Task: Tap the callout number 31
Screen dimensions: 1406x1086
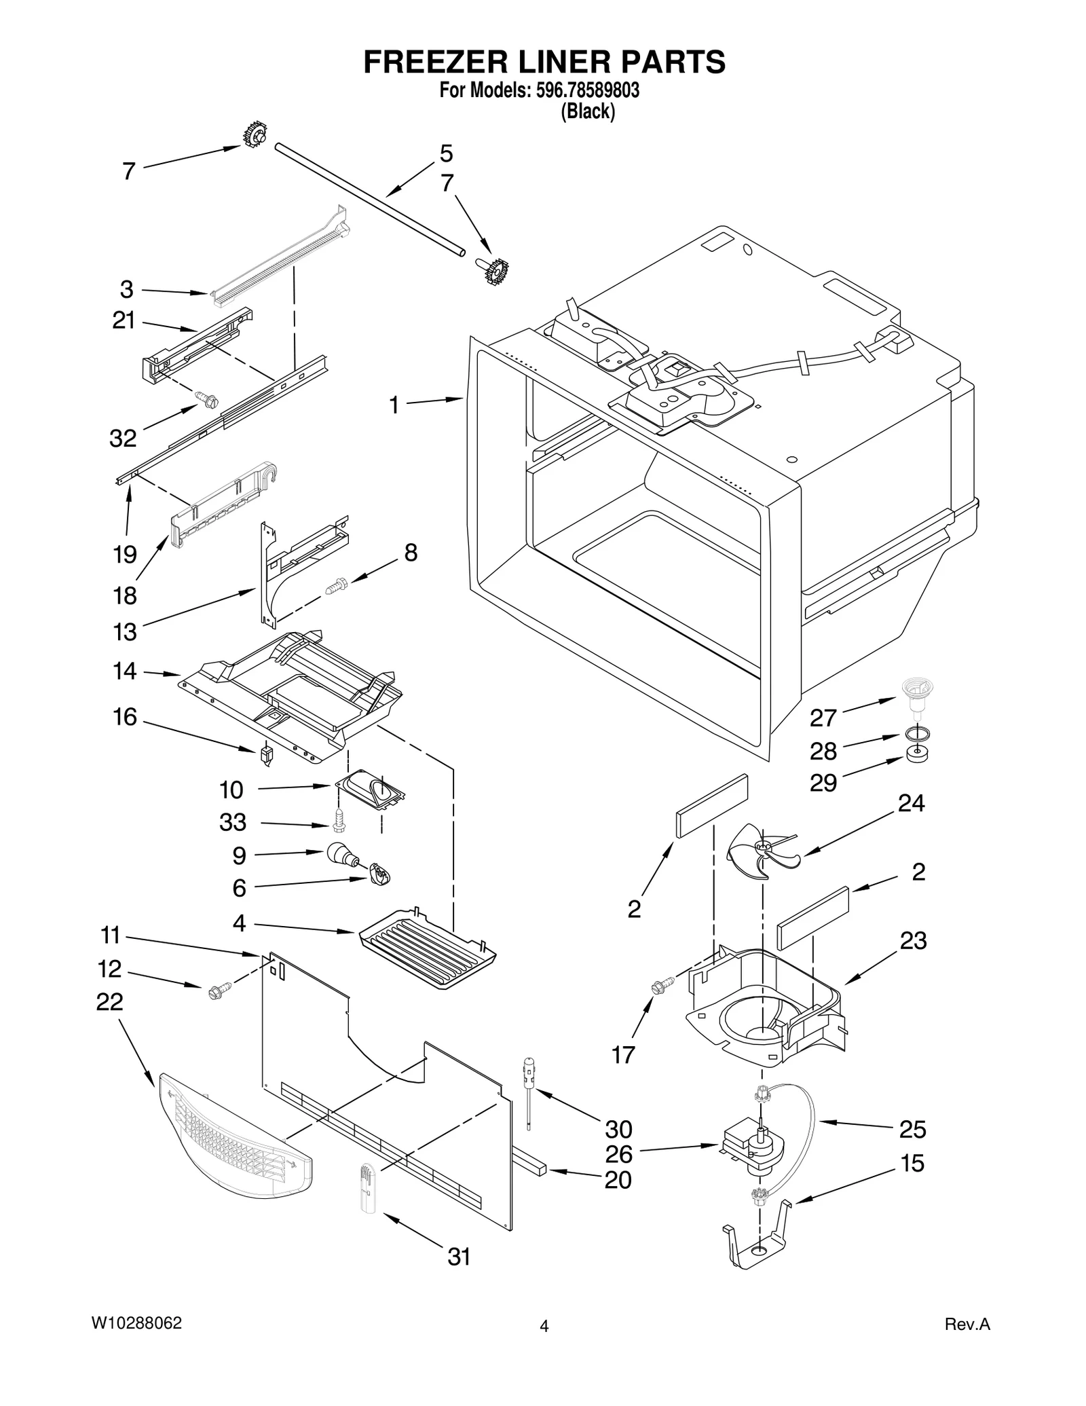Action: pyautogui.click(x=459, y=1257)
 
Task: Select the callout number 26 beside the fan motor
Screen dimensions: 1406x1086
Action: pyautogui.click(x=618, y=1153)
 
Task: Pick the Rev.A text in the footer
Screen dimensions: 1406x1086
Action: pyautogui.click(x=967, y=1325)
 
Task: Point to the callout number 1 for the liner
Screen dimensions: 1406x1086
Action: pyautogui.click(x=394, y=405)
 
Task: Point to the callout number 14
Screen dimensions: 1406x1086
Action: pyautogui.click(x=125, y=671)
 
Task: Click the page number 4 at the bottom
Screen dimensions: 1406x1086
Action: pyautogui.click(x=544, y=1327)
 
